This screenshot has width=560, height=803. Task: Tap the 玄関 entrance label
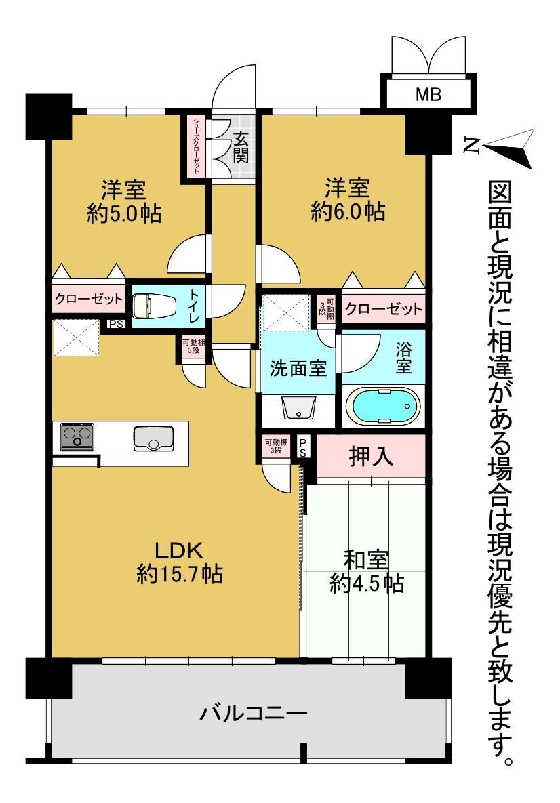pos(240,148)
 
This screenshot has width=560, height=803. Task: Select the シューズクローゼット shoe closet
pos(196,146)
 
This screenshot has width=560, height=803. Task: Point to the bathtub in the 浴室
pos(384,407)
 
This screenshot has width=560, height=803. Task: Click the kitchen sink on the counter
pos(153,439)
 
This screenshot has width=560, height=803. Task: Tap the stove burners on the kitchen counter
pos(77,437)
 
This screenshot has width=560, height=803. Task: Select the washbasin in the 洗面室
pos(299,408)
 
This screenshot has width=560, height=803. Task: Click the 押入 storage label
pos(371,456)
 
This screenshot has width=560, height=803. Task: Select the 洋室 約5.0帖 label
pos(124,201)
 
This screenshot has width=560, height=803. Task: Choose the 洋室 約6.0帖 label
pos(348,200)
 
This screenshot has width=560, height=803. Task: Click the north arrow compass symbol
pos(508,148)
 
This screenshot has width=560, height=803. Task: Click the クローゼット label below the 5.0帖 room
pos(89,298)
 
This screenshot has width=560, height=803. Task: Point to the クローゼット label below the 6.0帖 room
pos(384,308)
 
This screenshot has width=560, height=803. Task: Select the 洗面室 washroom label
pos(298,368)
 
